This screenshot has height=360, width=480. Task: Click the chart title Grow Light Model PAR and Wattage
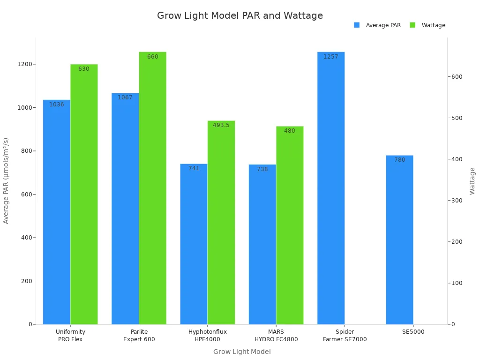pyautogui.click(x=240, y=15)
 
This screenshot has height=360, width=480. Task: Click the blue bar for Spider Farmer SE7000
pyautogui.click(x=330, y=187)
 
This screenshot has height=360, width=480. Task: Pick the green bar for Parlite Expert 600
pyautogui.click(x=152, y=187)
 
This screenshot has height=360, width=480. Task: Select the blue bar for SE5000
pyautogui.click(x=399, y=239)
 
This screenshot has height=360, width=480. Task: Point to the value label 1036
pyautogui.click(x=56, y=105)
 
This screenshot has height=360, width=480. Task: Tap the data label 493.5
pyautogui.click(x=221, y=125)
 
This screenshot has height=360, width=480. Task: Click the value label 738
pyautogui.click(x=262, y=169)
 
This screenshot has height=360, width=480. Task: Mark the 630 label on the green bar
pyautogui.click(x=83, y=69)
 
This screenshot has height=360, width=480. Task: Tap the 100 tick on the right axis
pyautogui.click(x=457, y=283)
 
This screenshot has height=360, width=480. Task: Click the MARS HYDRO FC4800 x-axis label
pyautogui.click(x=276, y=336)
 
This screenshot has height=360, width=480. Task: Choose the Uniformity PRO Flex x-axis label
pyautogui.click(x=70, y=336)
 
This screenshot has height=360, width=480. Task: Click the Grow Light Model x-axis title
pyautogui.click(x=242, y=352)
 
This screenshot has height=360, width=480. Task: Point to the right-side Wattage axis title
pyautogui.click(x=472, y=181)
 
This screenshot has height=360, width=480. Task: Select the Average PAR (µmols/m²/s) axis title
pyautogui.click(x=6, y=180)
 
